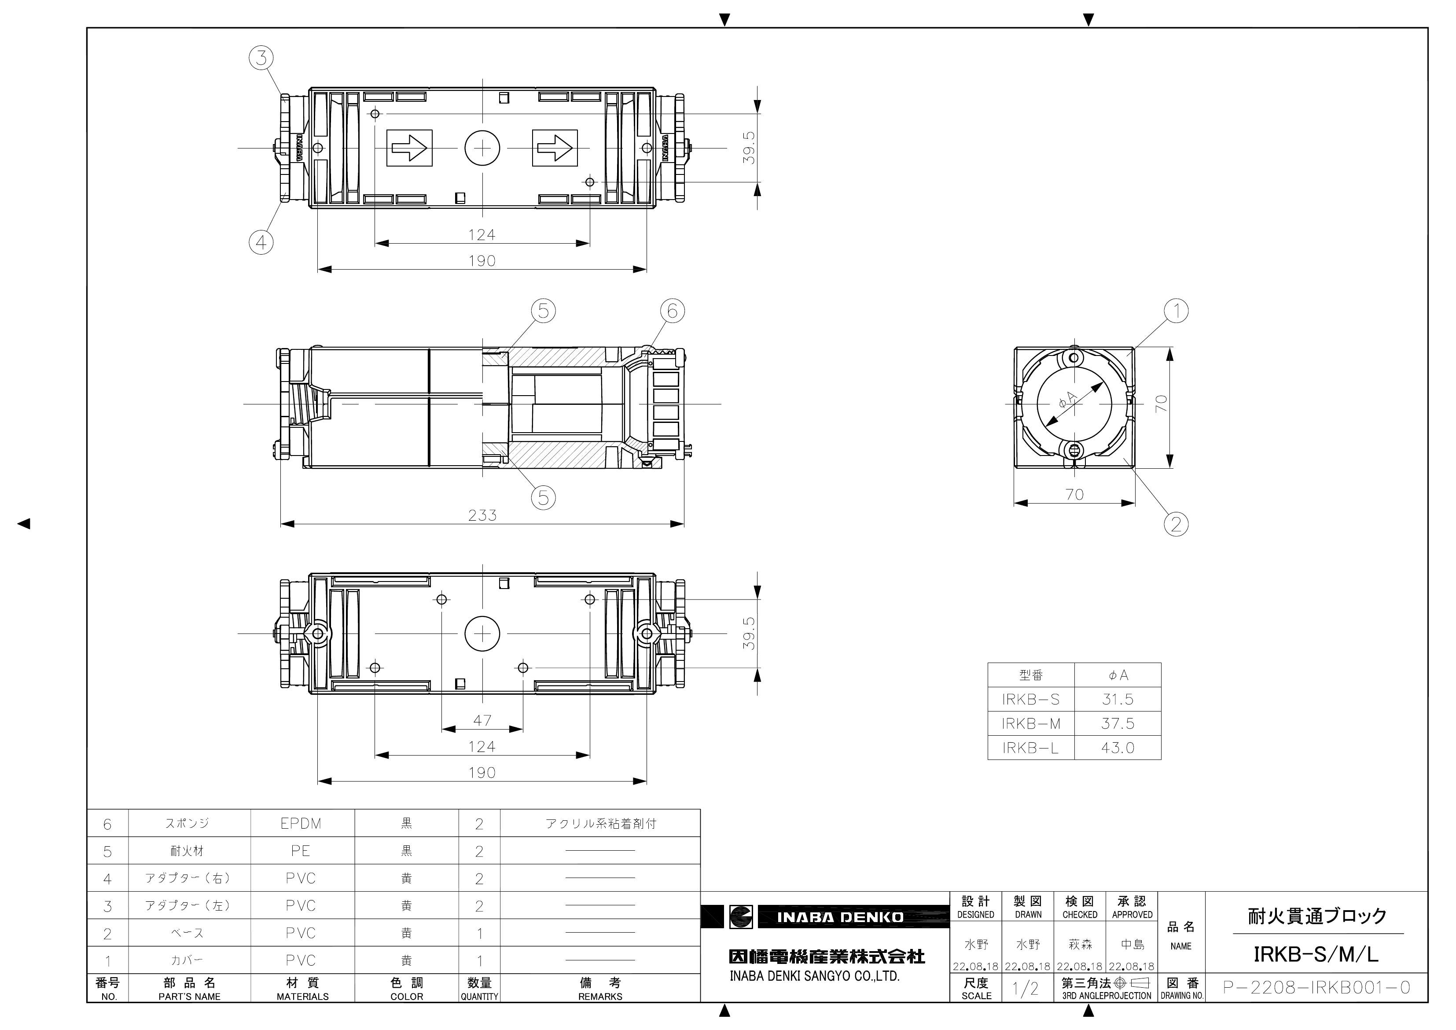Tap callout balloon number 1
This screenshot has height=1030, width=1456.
tap(1177, 311)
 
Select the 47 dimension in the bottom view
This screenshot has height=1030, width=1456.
tap(482, 720)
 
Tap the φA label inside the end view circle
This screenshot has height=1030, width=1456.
tap(1067, 400)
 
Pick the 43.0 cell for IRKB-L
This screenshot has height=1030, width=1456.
tap(1118, 748)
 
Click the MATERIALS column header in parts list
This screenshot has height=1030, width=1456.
tap(302, 989)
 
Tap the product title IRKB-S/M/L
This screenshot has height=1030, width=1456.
tap(1316, 954)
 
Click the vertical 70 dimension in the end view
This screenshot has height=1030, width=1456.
tap(1161, 404)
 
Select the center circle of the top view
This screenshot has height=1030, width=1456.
tap(482, 148)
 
